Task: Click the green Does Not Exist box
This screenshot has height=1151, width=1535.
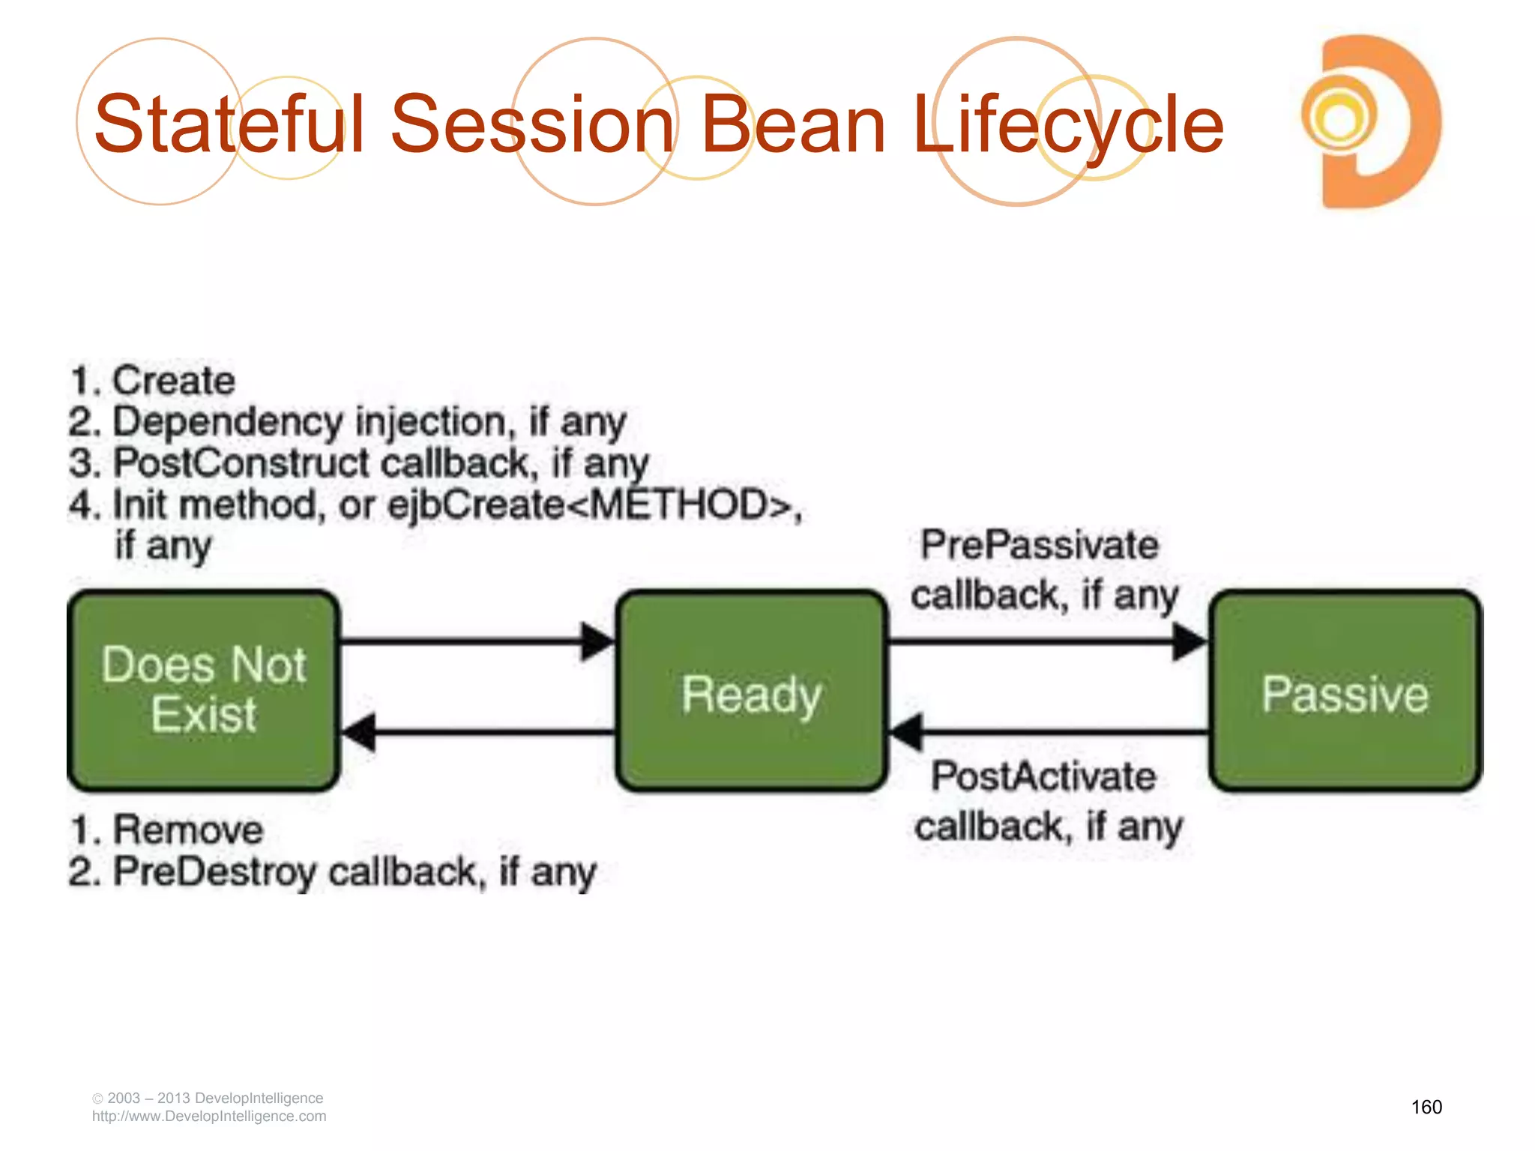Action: [x=203, y=690]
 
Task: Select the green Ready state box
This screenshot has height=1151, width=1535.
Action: [x=752, y=690]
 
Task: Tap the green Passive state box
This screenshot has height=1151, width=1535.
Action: [x=1345, y=690]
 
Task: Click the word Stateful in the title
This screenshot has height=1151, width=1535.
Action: [x=229, y=124]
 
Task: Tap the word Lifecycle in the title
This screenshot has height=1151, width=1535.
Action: [x=1068, y=124]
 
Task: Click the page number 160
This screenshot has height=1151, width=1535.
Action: [x=1426, y=1107]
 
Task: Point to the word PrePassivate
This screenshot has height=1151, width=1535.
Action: [x=1040, y=545]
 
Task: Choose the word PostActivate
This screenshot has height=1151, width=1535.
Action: [x=1043, y=776]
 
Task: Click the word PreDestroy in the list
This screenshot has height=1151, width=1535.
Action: [x=215, y=872]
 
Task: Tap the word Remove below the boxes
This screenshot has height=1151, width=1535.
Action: [x=188, y=830]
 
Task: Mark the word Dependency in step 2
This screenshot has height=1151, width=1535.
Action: [x=228, y=422]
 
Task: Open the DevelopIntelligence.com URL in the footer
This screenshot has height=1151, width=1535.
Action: [x=209, y=1117]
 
